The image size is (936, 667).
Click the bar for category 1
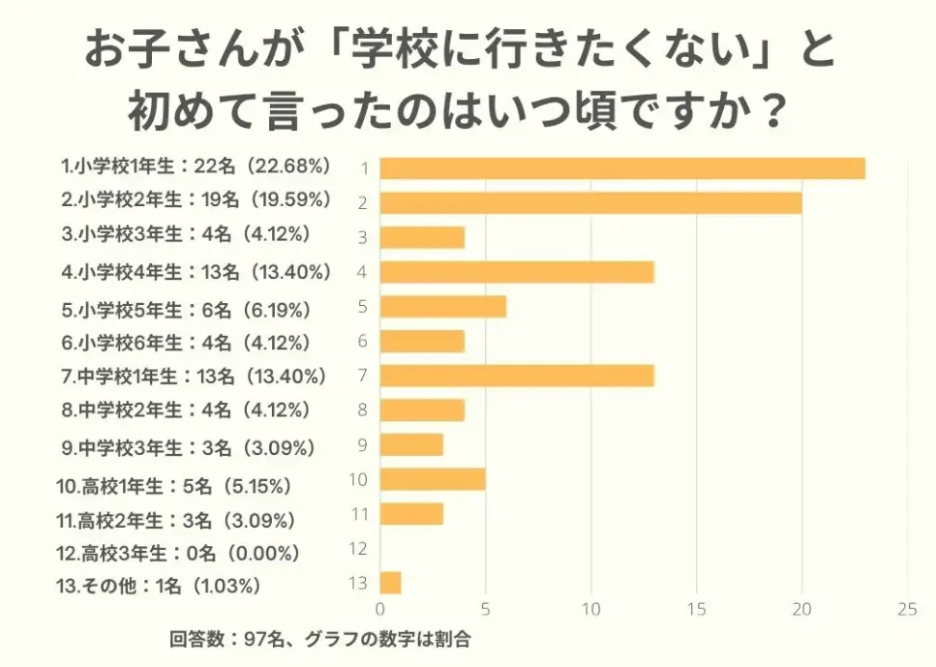pos(621,168)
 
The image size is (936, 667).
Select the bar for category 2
pos(590,202)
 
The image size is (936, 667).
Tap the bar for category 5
pos(442,307)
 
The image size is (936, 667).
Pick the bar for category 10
pos(432,479)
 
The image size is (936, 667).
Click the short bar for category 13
pos(390,583)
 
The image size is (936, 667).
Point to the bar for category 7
pos(517,376)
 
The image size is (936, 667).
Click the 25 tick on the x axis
pos(906,610)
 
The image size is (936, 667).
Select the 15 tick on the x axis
pos(696,610)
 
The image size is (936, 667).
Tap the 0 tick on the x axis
pos(380,610)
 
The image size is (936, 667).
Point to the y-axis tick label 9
pos(362,445)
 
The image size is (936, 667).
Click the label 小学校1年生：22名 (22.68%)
pos(196,167)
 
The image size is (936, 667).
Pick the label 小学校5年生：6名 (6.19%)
pos(185,311)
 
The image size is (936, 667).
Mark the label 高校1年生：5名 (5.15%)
pos(173,485)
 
